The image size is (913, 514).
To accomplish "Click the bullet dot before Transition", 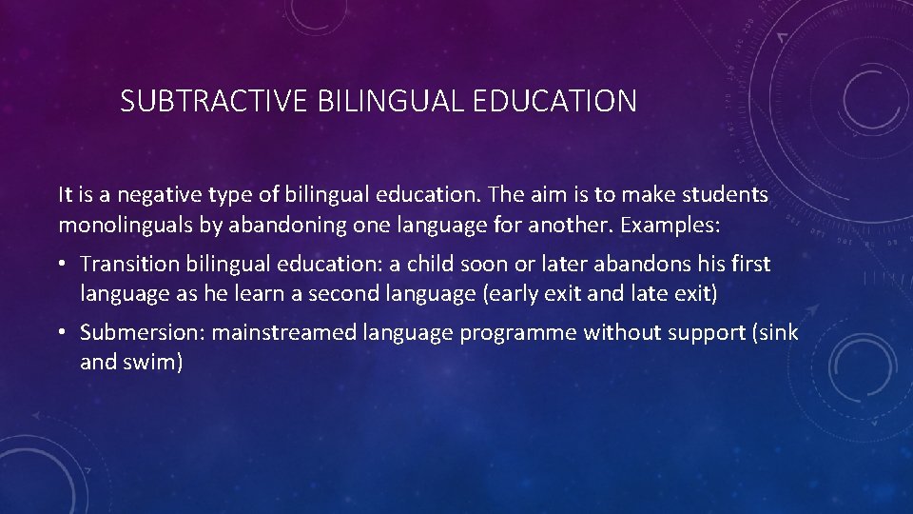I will pyautogui.click(x=64, y=264).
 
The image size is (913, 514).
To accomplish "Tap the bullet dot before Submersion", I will pyautogui.click(x=64, y=332).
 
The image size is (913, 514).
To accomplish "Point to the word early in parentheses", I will pyautogui.click(x=509, y=294).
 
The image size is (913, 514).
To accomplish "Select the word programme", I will pyautogui.click(x=518, y=332).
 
